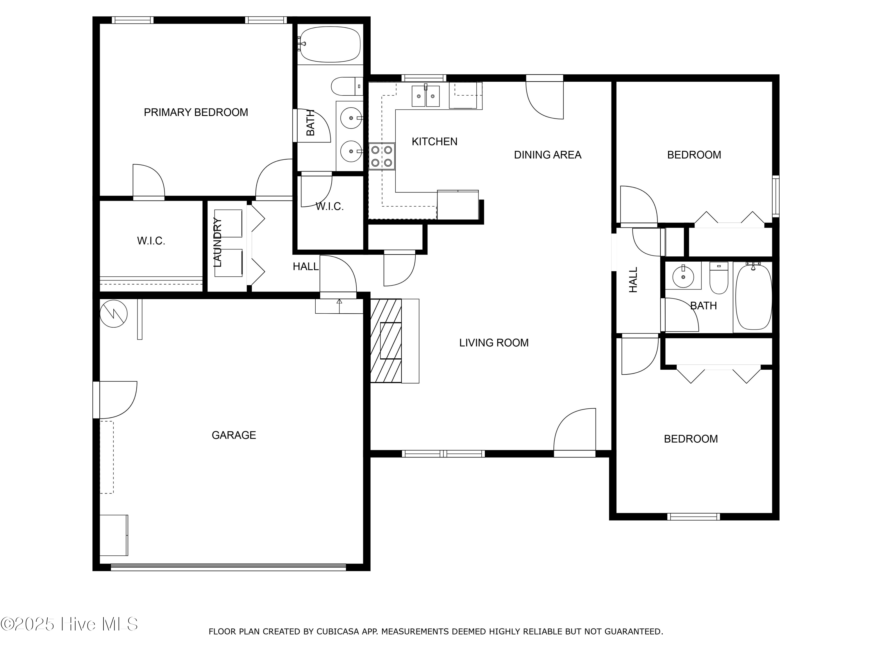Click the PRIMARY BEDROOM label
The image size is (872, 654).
pyautogui.click(x=196, y=112)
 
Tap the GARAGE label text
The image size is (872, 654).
pyautogui.click(x=234, y=435)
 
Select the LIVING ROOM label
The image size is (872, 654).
pyautogui.click(x=494, y=343)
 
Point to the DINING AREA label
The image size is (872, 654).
pyautogui.click(x=548, y=155)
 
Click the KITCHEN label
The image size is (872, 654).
pyautogui.click(x=435, y=142)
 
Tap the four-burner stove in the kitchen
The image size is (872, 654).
pyautogui.click(x=382, y=156)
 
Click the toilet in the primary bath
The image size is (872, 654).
pyautogui.click(x=346, y=86)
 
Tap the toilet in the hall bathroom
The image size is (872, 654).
pyautogui.click(x=719, y=278)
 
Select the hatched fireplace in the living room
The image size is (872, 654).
pyautogui.click(x=386, y=341)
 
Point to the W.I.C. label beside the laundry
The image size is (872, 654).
pyautogui.click(x=151, y=241)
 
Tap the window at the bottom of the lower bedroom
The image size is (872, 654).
pyautogui.click(x=694, y=517)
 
